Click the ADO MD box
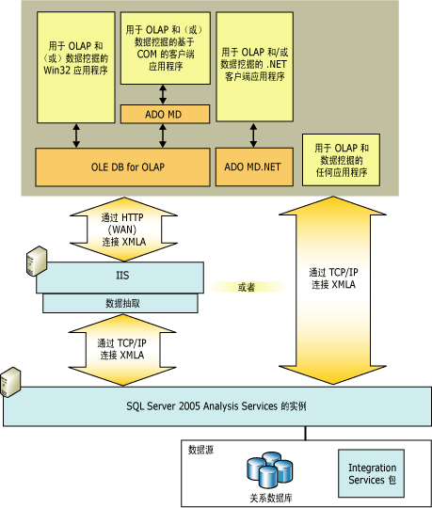[x=164, y=115]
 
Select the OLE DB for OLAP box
[x=121, y=167]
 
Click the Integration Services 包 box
[x=372, y=473]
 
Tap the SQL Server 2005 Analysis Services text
[x=216, y=410]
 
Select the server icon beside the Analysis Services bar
[x=12, y=381]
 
